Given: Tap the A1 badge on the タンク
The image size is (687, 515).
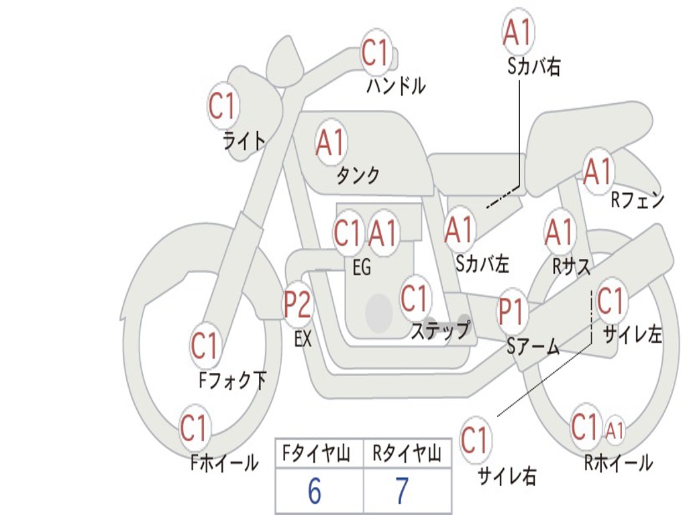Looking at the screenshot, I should point(330,142).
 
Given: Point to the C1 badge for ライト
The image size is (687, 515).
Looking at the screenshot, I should point(223,105).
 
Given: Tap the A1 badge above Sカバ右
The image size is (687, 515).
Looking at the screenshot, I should point(517,32).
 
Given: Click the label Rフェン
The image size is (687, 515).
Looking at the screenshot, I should point(637,200).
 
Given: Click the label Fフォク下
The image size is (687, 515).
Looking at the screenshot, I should point(232,381).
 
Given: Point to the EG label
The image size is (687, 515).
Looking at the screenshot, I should point(361,268).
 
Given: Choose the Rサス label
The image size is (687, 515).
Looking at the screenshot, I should point(571,267).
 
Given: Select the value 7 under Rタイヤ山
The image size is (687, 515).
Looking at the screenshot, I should point(402,492).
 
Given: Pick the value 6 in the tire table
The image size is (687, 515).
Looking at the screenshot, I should point(314,492).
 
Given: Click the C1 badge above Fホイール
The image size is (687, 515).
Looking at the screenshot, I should point(195,428).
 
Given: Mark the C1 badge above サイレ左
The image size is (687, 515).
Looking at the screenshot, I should point(611,301).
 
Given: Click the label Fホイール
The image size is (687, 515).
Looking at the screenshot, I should point(225,462).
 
